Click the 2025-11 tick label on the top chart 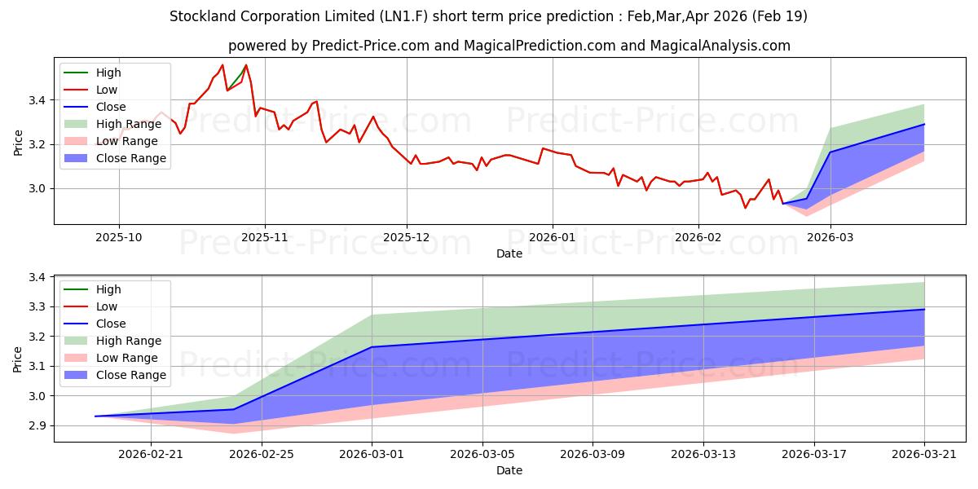[x=265, y=237]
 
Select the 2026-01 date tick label [x=553, y=237]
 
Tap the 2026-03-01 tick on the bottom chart [x=372, y=455]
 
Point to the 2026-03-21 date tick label [x=924, y=455]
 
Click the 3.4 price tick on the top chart [x=37, y=100]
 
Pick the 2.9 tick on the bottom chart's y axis [x=37, y=425]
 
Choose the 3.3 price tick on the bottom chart [x=37, y=307]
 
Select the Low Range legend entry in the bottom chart [x=111, y=358]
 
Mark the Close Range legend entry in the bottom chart [x=115, y=375]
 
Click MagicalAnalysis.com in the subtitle [x=720, y=46]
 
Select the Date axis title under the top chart [x=509, y=253]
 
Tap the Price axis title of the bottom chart [x=17, y=359]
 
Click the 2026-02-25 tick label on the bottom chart [x=262, y=455]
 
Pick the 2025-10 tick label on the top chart [x=119, y=237]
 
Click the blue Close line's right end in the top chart [x=924, y=124]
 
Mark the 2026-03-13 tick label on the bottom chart [x=703, y=455]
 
